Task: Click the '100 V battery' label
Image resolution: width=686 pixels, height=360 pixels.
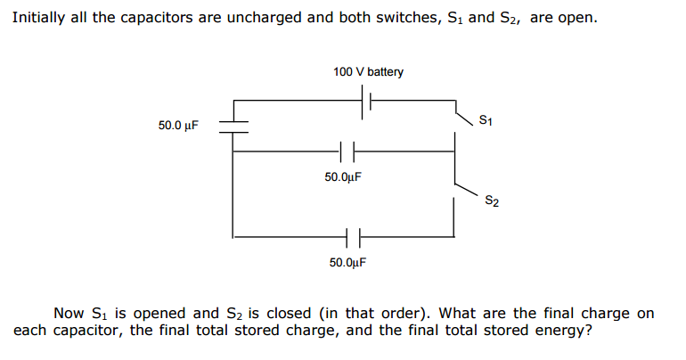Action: pos(368,71)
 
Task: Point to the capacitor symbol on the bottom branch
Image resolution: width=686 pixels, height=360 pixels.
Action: pos(350,237)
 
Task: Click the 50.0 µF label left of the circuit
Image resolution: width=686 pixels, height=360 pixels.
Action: pos(179,126)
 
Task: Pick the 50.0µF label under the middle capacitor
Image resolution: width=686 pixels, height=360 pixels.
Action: pos(343,177)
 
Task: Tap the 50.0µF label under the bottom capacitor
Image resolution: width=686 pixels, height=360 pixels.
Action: pos(347,263)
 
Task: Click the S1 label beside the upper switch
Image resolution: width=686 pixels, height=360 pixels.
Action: pos(485,119)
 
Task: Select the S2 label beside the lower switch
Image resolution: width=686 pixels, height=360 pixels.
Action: pos(492,200)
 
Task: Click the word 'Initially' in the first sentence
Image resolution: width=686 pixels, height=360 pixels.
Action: pos(37,18)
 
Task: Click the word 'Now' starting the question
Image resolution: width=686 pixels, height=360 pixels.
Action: pos(69,313)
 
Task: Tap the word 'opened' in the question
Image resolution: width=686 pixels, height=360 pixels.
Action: pos(167,314)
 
